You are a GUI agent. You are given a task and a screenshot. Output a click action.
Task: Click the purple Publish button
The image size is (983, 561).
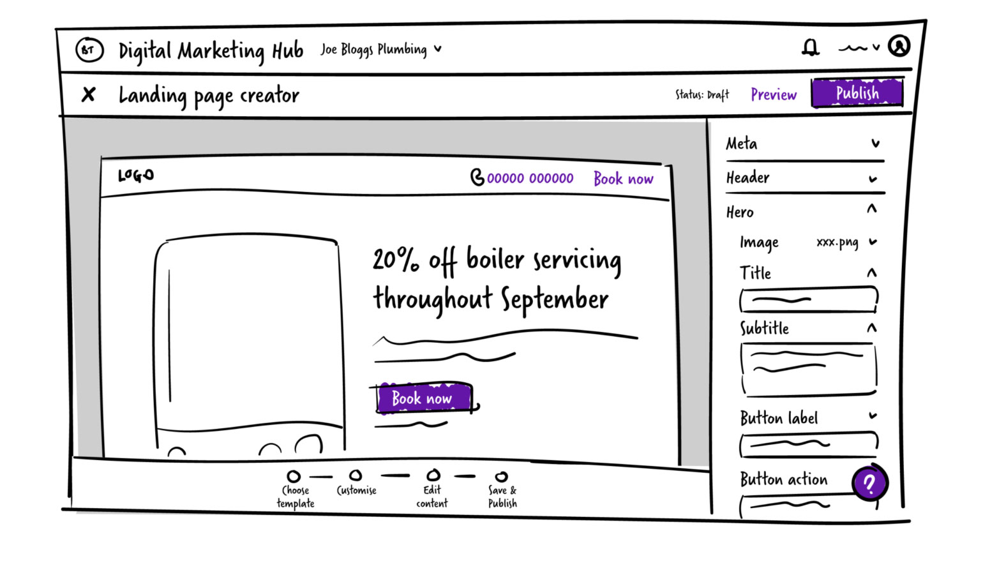point(857,93)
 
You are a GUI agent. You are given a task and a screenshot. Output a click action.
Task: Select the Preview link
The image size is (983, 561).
point(773,94)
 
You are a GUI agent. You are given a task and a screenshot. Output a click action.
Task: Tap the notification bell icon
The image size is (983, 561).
point(810,47)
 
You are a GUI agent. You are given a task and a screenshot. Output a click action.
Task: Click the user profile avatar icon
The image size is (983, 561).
point(899,45)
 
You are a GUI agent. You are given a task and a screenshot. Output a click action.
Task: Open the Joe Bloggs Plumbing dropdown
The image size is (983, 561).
point(381,49)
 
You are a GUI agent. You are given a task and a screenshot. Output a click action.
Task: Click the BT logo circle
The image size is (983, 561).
point(89,50)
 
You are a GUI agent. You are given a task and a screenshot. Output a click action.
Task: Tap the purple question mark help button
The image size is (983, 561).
point(870,482)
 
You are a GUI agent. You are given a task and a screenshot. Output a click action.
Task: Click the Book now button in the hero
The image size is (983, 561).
point(424,398)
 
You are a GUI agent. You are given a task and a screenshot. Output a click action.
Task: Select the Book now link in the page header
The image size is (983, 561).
point(623,179)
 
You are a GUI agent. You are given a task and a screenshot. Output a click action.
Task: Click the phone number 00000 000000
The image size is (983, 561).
point(530,178)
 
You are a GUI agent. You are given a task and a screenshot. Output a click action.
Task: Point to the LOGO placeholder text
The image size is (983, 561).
point(136,176)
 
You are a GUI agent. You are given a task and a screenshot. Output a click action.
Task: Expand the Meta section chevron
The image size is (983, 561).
point(876,144)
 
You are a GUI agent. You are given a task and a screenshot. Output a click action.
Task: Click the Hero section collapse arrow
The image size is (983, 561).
point(872,209)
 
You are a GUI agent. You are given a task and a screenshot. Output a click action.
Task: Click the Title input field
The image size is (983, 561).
point(809,299)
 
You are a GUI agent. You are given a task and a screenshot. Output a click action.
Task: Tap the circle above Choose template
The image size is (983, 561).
point(294,476)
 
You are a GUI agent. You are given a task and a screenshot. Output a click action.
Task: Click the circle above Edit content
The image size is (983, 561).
point(433,475)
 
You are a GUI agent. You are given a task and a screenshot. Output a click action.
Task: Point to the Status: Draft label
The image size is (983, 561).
point(702,94)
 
